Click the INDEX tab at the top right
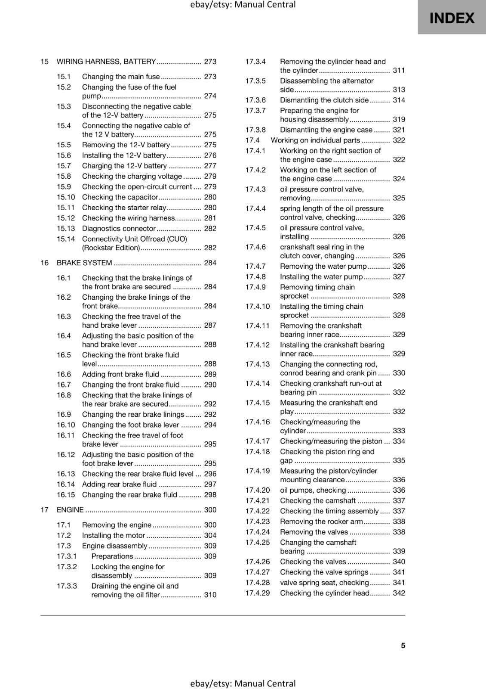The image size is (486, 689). (x=452, y=18)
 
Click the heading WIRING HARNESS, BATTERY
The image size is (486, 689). (x=106, y=62)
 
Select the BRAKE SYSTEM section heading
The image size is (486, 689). (x=84, y=263)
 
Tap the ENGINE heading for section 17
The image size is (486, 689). (x=70, y=510)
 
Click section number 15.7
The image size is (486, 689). (x=64, y=166)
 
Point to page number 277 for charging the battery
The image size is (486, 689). (x=210, y=166)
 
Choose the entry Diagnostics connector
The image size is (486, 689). (x=119, y=229)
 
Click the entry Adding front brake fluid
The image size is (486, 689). (x=120, y=374)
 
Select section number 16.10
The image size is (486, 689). (x=66, y=425)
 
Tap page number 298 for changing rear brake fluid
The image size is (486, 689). (x=210, y=495)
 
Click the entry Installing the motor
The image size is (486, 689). (x=114, y=535)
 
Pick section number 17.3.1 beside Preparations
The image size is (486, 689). (x=67, y=556)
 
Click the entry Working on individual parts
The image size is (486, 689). (x=315, y=140)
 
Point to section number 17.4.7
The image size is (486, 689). (x=255, y=266)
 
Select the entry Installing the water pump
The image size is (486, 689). (x=321, y=277)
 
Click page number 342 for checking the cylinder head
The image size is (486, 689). (x=399, y=593)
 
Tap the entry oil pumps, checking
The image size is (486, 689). (x=313, y=490)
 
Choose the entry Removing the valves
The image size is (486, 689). (x=314, y=532)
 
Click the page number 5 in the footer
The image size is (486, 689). (x=403, y=646)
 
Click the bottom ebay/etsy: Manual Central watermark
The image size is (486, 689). (x=243, y=683)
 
